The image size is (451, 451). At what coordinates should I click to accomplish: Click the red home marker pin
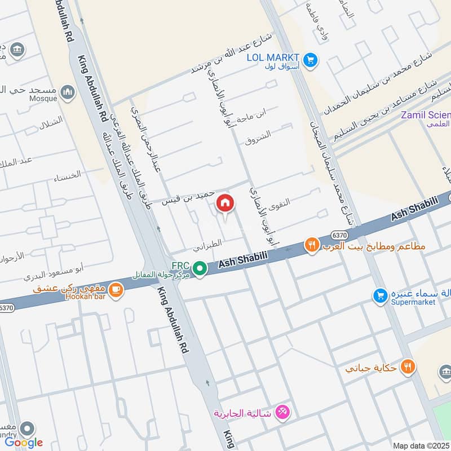(225, 202)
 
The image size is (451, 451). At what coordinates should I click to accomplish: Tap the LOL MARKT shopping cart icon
(309, 59)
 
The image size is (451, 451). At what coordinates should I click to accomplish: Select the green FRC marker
(198, 269)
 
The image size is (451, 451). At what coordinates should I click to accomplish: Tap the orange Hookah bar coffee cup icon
(116, 290)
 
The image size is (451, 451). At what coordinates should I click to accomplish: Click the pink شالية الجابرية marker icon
(283, 413)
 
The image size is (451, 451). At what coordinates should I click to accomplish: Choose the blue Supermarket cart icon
(381, 295)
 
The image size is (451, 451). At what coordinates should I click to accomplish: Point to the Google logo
(24, 443)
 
